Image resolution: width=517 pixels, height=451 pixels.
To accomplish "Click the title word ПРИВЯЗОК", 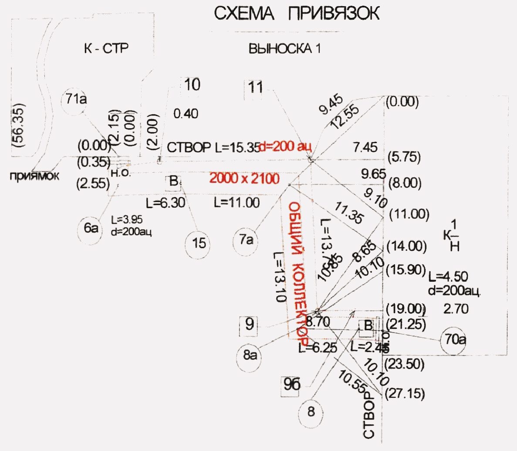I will [334, 14].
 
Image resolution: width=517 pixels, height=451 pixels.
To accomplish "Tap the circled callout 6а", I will [91, 228].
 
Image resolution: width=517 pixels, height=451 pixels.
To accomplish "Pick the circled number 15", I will [199, 243].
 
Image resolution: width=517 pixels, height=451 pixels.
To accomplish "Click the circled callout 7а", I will [246, 240].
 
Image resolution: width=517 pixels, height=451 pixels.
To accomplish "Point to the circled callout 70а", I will [454, 339].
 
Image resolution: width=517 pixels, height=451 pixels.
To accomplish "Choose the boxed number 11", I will [255, 87].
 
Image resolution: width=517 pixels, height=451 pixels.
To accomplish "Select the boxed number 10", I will [192, 85].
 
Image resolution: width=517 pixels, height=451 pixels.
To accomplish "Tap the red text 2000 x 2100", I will [244, 178].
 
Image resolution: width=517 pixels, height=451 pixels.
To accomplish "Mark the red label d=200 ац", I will [285, 147].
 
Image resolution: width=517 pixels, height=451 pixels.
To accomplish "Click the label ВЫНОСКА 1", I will [284, 48].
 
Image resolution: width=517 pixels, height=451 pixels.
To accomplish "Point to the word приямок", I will [34, 176].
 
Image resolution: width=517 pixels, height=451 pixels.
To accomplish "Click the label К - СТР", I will [106, 48].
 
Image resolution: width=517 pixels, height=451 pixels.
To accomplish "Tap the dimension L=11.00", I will [237, 202].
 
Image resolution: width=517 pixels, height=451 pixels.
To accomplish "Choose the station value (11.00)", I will [409, 214].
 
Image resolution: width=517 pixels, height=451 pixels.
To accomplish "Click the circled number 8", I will [311, 412].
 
